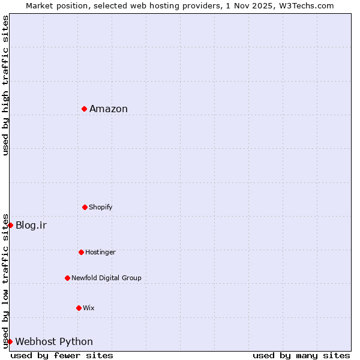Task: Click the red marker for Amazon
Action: tap(85, 109)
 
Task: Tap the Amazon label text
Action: tap(109, 109)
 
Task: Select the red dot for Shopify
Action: tap(85, 207)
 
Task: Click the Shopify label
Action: tap(101, 208)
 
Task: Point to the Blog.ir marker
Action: tap(10, 225)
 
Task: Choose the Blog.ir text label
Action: tap(31, 226)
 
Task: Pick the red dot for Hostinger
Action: tap(81, 252)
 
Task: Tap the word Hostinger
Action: tap(100, 253)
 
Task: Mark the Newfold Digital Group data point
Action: tap(67, 278)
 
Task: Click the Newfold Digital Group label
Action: tap(106, 278)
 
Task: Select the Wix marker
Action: tap(79, 308)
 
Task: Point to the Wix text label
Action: tap(89, 308)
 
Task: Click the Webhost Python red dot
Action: tap(10, 341)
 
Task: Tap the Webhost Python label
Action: tap(54, 342)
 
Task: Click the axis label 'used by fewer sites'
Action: tap(62, 355)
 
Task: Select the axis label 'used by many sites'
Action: tap(301, 355)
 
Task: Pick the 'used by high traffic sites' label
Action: tap(5, 85)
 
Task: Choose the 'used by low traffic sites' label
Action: tap(5, 280)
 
